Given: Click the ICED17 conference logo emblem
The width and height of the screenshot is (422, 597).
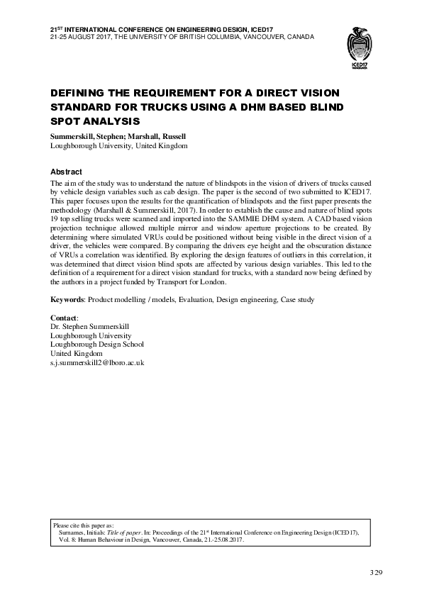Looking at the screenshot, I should click(363, 45).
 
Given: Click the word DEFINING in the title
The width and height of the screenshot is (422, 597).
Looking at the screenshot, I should click(77, 94).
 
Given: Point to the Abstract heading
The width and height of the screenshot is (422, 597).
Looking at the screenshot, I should click(66, 172).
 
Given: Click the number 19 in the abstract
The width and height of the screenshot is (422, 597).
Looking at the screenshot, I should click(55, 219).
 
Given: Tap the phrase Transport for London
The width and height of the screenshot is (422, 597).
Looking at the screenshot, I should click(194, 284).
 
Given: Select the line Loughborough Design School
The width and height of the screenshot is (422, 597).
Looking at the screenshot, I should click(97, 344).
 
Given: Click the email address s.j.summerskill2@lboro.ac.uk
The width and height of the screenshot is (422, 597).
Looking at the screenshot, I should click(97, 362).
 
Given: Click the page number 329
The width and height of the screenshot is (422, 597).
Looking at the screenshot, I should click(376, 571).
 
